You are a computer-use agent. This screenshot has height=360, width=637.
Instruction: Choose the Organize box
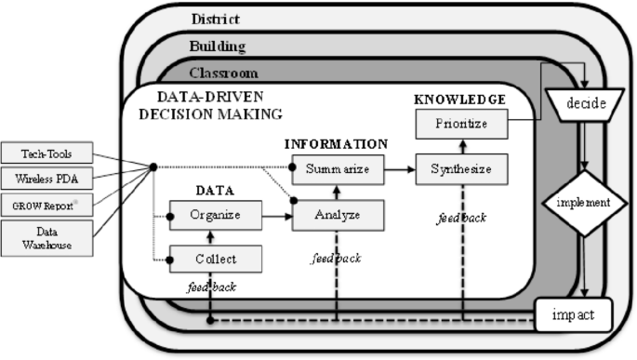pos(215,215)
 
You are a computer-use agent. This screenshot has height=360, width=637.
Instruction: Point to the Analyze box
pos(338,215)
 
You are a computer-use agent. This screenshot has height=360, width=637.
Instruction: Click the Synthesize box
pos(460,169)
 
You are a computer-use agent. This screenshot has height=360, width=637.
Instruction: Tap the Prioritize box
pos(460,123)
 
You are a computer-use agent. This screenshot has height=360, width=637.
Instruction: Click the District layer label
pos(215,19)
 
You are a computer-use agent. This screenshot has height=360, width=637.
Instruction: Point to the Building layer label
pos(218,46)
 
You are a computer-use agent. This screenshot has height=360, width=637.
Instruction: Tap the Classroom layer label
pos(223,73)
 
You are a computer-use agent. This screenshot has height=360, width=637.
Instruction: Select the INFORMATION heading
pos(336,144)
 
